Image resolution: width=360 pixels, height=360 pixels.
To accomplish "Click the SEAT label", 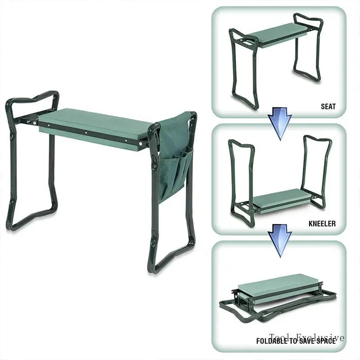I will click(x=328, y=107).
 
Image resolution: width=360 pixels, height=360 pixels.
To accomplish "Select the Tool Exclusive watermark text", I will click(x=307, y=337).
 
